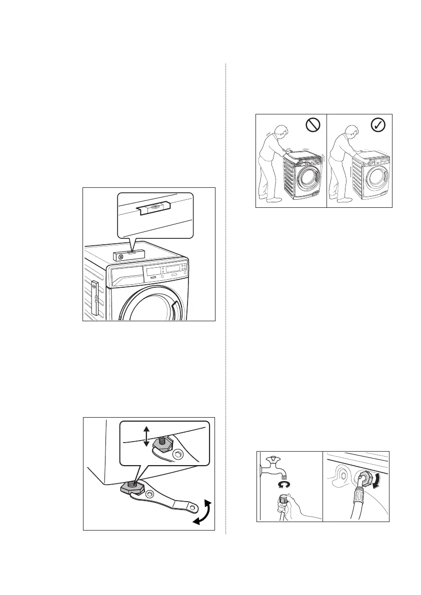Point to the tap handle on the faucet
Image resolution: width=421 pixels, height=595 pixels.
coord(274,459)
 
